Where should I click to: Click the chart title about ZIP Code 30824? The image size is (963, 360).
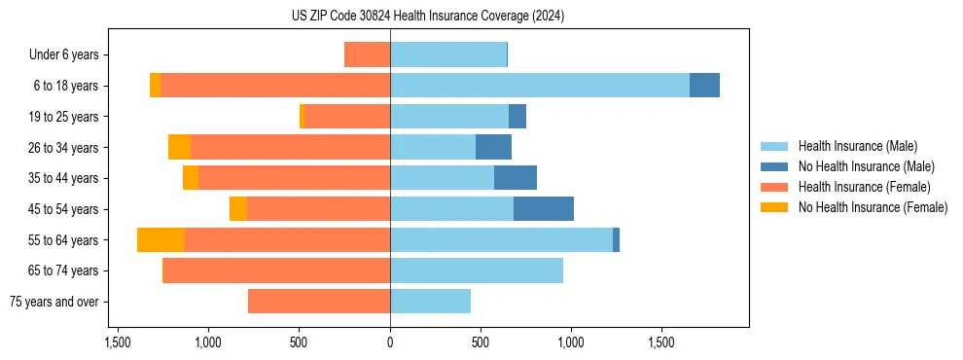point(427,16)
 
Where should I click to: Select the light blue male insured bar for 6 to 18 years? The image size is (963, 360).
point(540,86)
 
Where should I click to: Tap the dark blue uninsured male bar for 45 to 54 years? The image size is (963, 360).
point(543,209)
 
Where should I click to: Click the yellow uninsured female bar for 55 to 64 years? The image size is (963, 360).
point(160,240)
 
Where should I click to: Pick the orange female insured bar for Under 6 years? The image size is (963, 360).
point(367,54)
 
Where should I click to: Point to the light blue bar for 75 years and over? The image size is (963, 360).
point(430,302)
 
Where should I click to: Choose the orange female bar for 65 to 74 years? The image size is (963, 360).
point(276,270)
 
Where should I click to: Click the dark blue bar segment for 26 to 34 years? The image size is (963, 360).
point(493,148)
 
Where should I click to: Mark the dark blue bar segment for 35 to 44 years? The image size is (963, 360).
point(515,178)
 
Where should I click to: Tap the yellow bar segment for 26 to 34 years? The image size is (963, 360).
point(179,148)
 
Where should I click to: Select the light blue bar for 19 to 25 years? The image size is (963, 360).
point(449,117)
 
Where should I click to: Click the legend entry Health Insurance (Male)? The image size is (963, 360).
point(857,146)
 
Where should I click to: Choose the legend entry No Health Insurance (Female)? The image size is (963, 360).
point(873,207)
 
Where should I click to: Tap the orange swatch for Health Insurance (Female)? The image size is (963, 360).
point(774,187)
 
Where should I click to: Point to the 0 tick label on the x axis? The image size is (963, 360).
point(390,342)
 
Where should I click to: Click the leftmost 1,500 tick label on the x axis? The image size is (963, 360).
point(118,342)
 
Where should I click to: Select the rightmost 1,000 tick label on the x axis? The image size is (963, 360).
point(570,342)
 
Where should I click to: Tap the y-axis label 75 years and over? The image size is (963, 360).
point(54,302)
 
